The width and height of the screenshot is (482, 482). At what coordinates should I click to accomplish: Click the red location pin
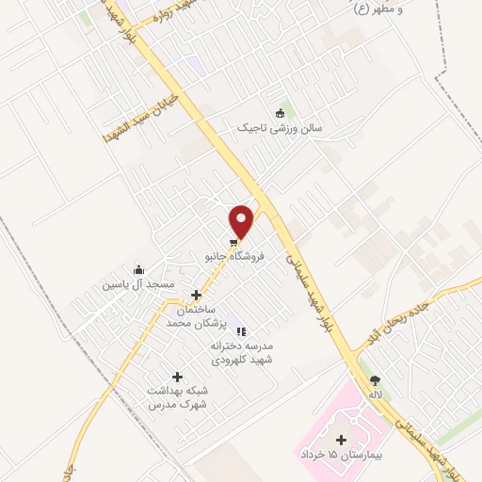243,220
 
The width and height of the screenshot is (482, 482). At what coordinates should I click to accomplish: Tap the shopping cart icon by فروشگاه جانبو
233,242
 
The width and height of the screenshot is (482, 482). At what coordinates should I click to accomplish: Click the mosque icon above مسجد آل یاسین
140,270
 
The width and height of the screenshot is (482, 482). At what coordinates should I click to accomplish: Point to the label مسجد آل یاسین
140,284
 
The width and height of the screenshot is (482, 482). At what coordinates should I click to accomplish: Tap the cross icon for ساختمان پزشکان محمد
196,295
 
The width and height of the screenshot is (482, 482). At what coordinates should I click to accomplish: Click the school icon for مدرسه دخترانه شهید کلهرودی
242,331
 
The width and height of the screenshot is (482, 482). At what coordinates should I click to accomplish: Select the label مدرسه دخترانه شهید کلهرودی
242,352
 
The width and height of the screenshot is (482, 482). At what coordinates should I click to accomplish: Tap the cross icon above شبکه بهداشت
177,377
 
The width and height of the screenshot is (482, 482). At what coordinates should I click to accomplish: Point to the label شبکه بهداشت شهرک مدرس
177,397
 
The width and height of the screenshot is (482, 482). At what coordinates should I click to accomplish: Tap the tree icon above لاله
376,380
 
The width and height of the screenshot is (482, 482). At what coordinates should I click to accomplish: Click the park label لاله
376,394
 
